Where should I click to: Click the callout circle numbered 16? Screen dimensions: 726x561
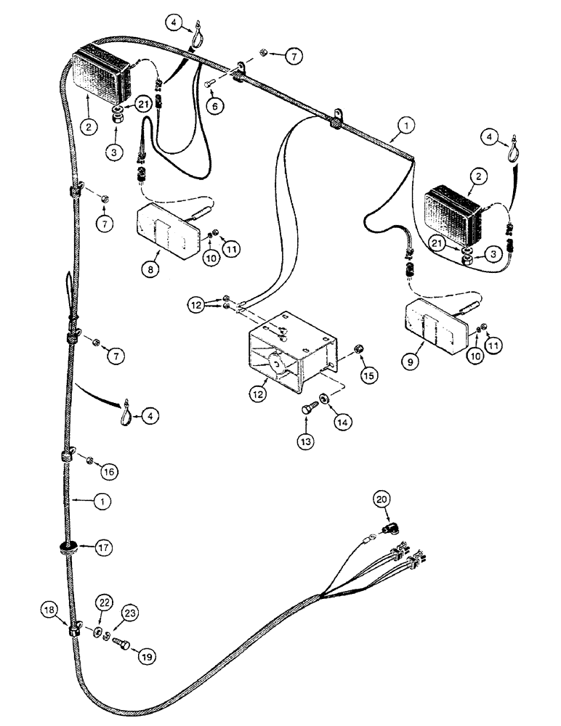109,471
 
